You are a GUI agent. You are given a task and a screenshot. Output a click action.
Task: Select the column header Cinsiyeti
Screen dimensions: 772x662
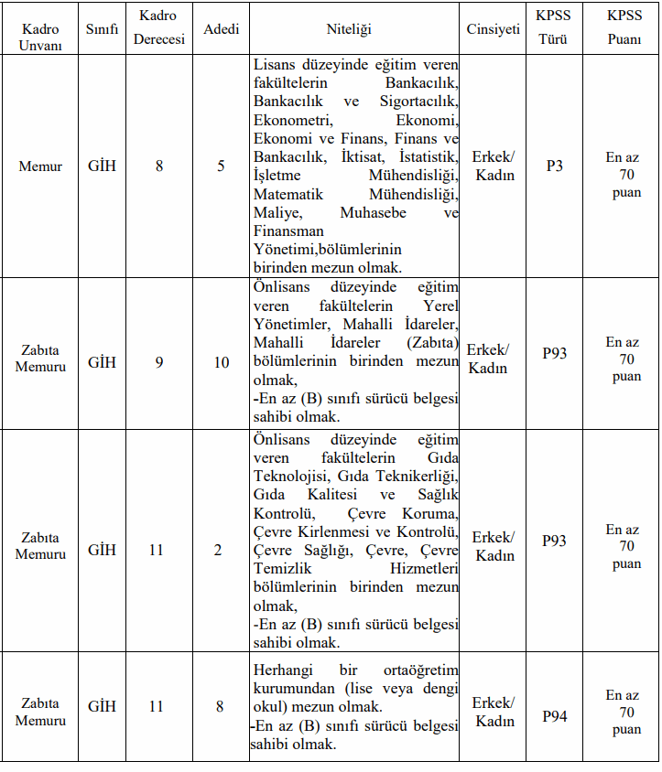[x=493, y=29]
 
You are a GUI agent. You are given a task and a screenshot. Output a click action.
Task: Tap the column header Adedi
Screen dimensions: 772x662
[x=222, y=29]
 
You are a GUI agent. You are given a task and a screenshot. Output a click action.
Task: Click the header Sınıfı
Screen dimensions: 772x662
[x=102, y=29]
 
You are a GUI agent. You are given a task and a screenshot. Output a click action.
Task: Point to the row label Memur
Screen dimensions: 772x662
[x=40, y=166]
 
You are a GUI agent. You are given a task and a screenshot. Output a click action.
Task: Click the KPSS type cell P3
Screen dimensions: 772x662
[x=554, y=166]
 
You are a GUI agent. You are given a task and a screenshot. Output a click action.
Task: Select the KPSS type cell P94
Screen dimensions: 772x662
[x=554, y=715]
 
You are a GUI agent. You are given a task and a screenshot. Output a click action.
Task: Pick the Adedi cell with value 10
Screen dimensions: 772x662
[x=222, y=362]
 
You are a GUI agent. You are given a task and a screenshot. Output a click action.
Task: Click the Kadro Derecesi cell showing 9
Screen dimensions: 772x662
[x=159, y=362]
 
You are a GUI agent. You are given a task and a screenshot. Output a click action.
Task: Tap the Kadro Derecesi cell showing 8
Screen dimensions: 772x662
[x=159, y=166]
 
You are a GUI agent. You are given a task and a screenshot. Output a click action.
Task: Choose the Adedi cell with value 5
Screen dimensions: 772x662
[x=222, y=166]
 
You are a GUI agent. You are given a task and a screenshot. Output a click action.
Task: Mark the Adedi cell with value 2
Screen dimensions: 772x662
[x=218, y=550]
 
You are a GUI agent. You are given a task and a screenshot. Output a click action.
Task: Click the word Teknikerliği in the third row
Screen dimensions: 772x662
[x=418, y=476]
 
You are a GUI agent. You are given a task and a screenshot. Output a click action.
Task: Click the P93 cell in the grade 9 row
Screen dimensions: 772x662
[x=554, y=353]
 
